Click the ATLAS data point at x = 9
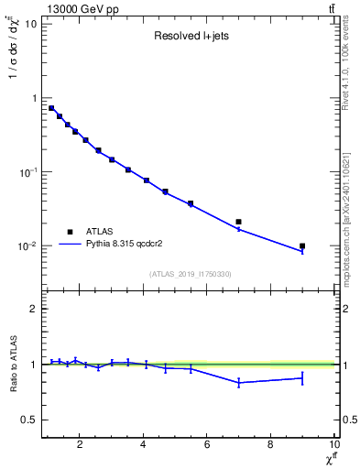tap(302, 245)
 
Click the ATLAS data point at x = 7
tap(239, 222)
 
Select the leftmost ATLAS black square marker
tap(51, 108)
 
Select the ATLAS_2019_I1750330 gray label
tap(190, 274)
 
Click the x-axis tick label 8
tap(270, 446)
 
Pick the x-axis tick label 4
tap(144, 446)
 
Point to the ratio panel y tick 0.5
tap(29, 420)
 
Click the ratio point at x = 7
tap(239, 383)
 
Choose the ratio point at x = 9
tap(302, 377)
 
